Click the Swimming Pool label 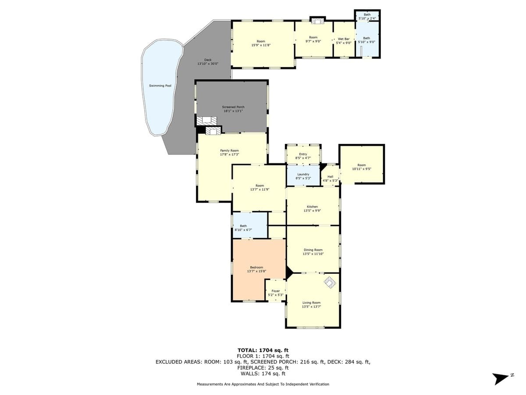(x=160, y=86)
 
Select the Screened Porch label (x=233, y=107)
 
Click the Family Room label (x=229, y=151)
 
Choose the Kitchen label (x=312, y=207)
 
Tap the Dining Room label (x=313, y=250)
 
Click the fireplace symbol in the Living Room (x=330, y=282)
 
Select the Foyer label (x=275, y=291)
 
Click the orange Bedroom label (x=256, y=267)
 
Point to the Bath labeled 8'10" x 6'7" (x=243, y=226)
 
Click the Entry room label (x=303, y=154)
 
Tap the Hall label (x=330, y=176)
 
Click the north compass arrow (x=500, y=378)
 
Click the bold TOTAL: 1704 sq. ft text (x=263, y=350)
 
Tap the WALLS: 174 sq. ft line (x=263, y=373)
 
